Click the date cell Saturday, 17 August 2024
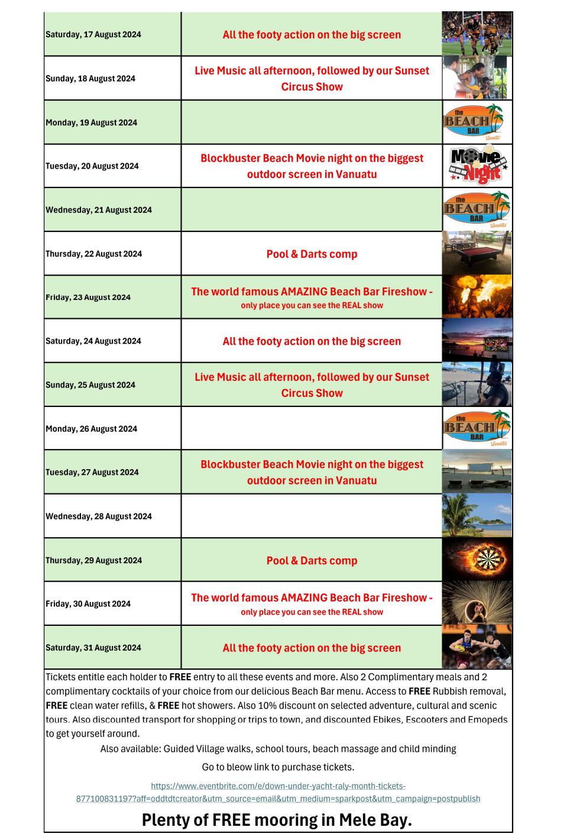[x=93, y=34]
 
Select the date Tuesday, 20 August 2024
[x=92, y=166]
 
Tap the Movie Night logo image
[x=477, y=166]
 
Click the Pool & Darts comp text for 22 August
[x=312, y=254]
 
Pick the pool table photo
[x=477, y=253]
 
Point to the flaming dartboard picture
[x=477, y=560]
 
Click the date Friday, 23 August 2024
[x=88, y=298]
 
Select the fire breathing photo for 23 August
[x=477, y=297]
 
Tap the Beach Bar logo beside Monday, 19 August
[x=477, y=122]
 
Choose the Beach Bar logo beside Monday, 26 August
[x=477, y=428]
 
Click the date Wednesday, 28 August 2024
[x=99, y=516]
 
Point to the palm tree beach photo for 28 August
[x=477, y=516]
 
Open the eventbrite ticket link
[x=278, y=792]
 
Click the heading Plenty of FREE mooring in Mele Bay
[x=277, y=820]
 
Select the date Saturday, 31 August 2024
[x=93, y=648]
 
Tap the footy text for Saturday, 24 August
[x=312, y=341]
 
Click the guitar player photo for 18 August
[x=475, y=78]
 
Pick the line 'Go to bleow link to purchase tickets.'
[x=278, y=767]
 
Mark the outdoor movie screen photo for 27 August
[x=477, y=472]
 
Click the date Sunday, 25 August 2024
[x=90, y=385]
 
